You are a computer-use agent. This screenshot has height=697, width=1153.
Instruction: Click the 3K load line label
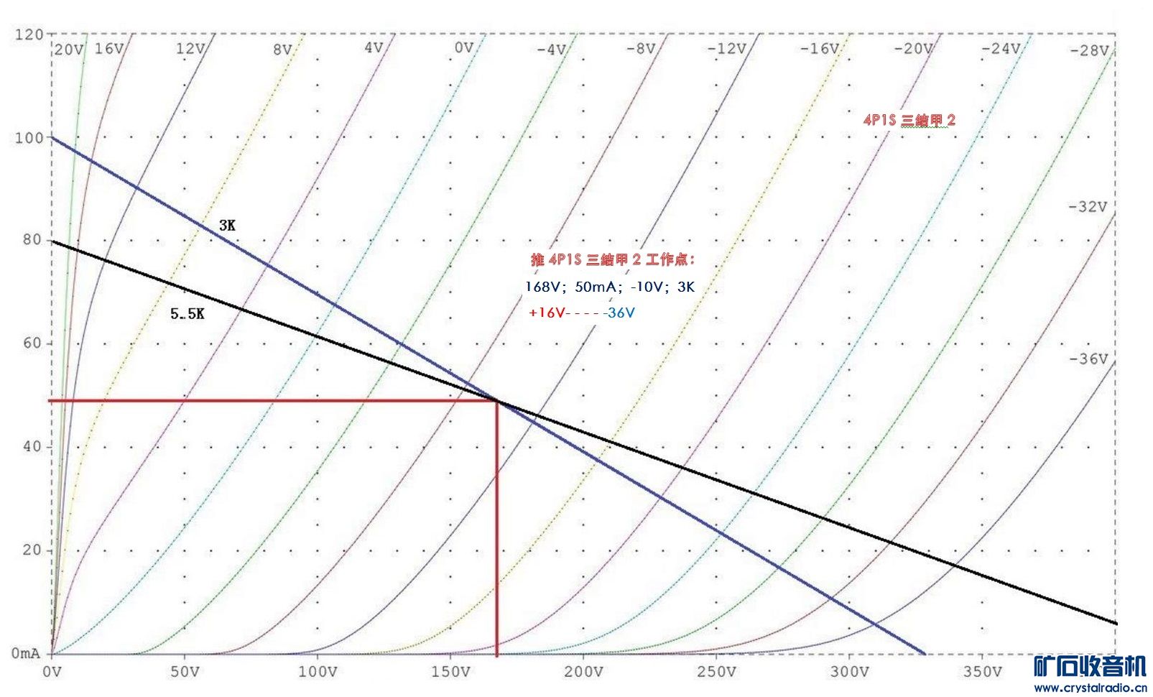click(x=227, y=226)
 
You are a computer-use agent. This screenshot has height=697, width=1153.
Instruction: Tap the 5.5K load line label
click(x=187, y=314)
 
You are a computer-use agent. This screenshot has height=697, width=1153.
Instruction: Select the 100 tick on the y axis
click(x=29, y=137)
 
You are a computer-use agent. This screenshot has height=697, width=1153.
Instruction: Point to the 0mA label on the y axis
click(x=26, y=653)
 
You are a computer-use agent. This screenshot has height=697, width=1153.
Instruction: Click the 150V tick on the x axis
click(x=450, y=672)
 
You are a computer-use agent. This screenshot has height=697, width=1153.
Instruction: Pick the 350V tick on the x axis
click(x=982, y=672)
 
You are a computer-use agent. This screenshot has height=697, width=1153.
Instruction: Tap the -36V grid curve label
click(x=1088, y=359)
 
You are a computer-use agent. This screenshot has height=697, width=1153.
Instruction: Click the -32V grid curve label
click(x=1088, y=207)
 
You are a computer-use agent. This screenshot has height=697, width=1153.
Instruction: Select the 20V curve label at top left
click(x=69, y=50)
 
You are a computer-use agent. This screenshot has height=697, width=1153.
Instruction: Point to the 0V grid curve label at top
click(x=464, y=48)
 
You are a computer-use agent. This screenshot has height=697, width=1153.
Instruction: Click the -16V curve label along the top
click(x=820, y=49)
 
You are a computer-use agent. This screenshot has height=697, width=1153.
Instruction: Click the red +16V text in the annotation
click(x=547, y=313)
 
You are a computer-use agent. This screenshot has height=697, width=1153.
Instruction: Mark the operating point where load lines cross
click(x=496, y=400)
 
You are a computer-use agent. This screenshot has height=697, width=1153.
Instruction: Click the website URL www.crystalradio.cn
click(x=1091, y=688)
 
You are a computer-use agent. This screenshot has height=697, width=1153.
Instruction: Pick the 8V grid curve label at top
click(x=282, y=50)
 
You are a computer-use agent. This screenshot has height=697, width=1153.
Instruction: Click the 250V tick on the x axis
click(x=716, y=672)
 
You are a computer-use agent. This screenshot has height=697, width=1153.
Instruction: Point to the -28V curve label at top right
click(x=1089, y=51)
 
